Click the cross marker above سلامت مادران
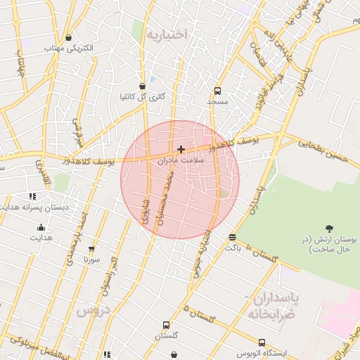181,149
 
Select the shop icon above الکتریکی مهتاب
68,38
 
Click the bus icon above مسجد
217,91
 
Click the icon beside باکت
233,237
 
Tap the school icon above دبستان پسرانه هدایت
32,197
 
